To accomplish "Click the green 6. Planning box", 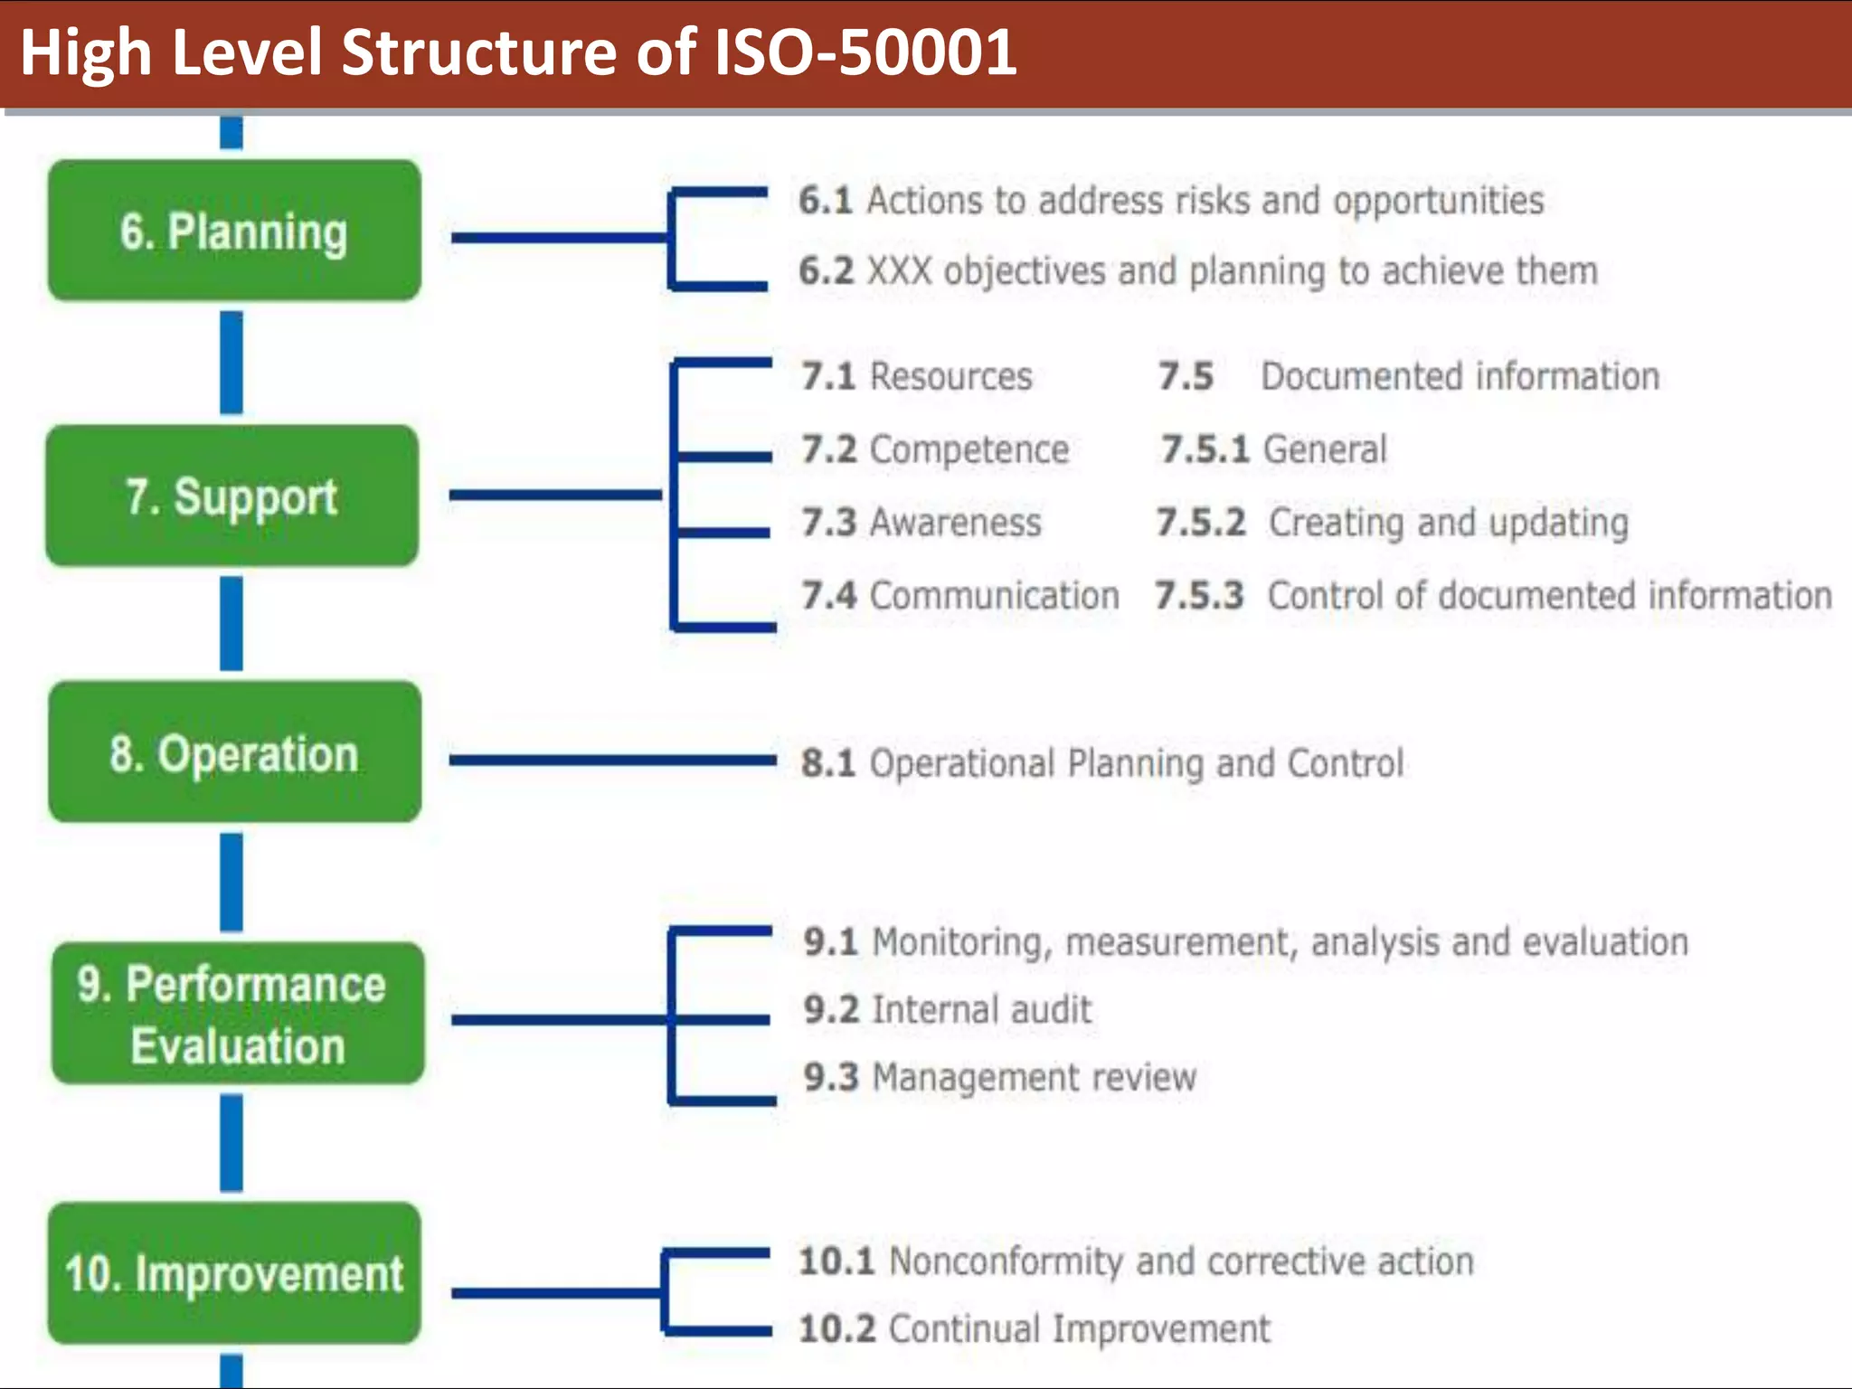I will (234, 231).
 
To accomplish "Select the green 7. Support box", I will (232, 496).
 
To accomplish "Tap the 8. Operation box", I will (234, 752).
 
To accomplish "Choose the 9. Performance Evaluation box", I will (237, 1013).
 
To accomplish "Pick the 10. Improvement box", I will (234, 1272).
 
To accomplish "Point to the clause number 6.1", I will (825, 201).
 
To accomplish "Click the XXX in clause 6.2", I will (899, 271).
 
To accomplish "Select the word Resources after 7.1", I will (950, 376).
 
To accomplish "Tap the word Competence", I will (969, 449).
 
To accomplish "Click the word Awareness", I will (955, 523).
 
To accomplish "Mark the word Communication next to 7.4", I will (994, 596).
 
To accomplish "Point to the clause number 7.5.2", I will (1201, 523).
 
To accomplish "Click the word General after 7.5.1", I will (1324, 449).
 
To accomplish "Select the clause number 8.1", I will (827, 763).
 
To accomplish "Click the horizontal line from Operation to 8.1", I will (611, 760).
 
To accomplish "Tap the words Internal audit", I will (982, 1010).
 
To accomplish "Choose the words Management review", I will (1034, 1078).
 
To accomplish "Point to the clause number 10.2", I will (836, 1329).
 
